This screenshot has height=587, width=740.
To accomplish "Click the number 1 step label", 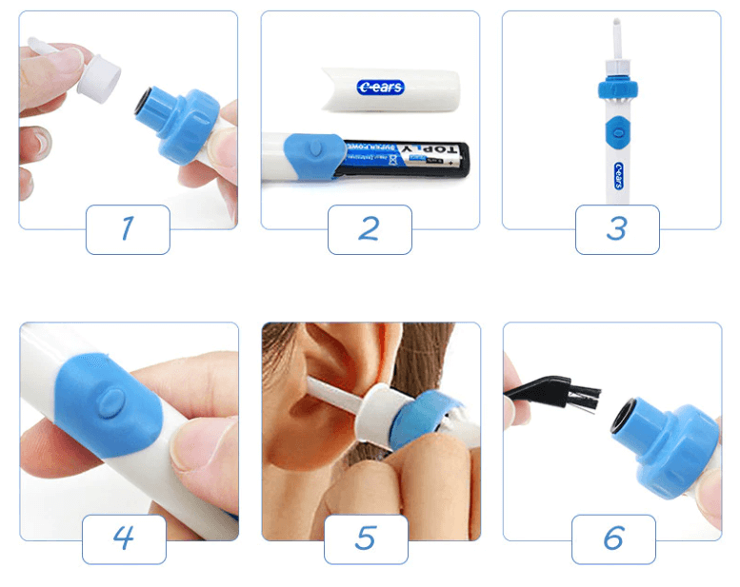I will [128, 229].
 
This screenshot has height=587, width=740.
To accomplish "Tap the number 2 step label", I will [370, 229].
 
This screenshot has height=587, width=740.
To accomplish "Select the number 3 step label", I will [616, 229].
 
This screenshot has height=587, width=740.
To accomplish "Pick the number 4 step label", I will [124, 539].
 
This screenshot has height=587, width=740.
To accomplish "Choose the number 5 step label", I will [366, 539].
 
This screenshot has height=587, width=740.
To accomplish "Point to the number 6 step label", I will [613, 539].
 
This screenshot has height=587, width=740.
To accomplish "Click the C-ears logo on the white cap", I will [381, 88].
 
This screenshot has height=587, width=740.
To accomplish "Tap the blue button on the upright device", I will [616, 129].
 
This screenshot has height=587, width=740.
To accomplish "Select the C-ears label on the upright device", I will [616, 176].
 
